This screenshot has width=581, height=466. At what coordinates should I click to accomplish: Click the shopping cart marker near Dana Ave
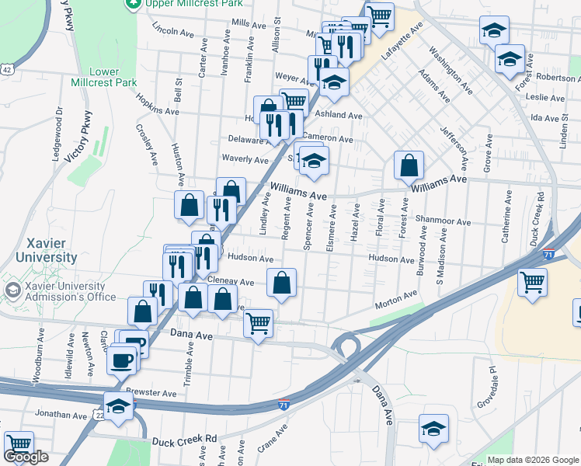(x=258, y=322)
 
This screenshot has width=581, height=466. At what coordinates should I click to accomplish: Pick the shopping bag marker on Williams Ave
(x=408, y=165)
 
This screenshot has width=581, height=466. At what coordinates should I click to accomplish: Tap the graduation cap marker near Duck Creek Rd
(x=433, y=428)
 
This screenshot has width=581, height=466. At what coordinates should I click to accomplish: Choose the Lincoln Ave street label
(x=172, y=32)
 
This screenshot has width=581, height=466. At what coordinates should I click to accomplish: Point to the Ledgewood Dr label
(x=58, y=133)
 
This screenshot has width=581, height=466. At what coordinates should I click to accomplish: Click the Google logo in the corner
(x=26, y=457)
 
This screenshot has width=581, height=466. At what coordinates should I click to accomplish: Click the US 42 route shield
(x=6, y=69)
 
